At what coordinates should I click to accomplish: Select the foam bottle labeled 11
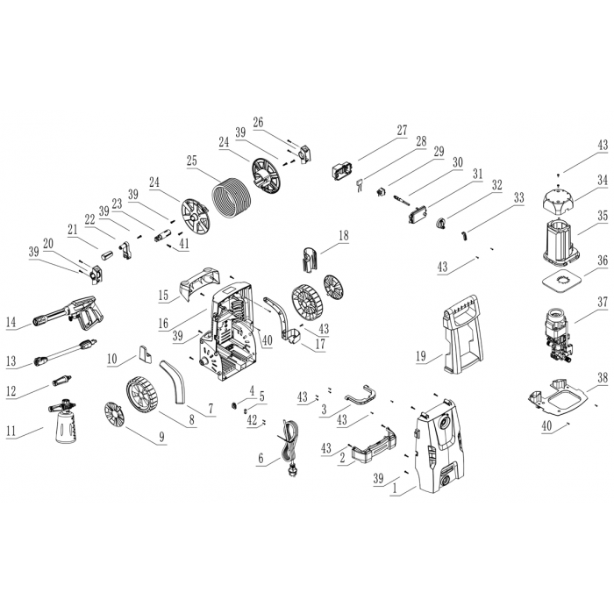point(64,422)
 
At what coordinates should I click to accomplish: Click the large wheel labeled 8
point(142,395)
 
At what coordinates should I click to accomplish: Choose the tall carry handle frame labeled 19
point(462,335)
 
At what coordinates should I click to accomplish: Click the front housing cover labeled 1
point(441,446)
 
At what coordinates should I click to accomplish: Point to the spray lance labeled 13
point(65,352)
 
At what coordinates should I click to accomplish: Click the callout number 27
point(403,131)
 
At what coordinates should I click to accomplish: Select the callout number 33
point(519,197)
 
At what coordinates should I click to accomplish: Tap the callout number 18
point(344,236)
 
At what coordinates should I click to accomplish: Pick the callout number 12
point(11,390)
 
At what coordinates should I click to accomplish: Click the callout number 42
point(253,420)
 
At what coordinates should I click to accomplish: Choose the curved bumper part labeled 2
point(374,444)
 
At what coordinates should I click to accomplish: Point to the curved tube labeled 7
point(175,382)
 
